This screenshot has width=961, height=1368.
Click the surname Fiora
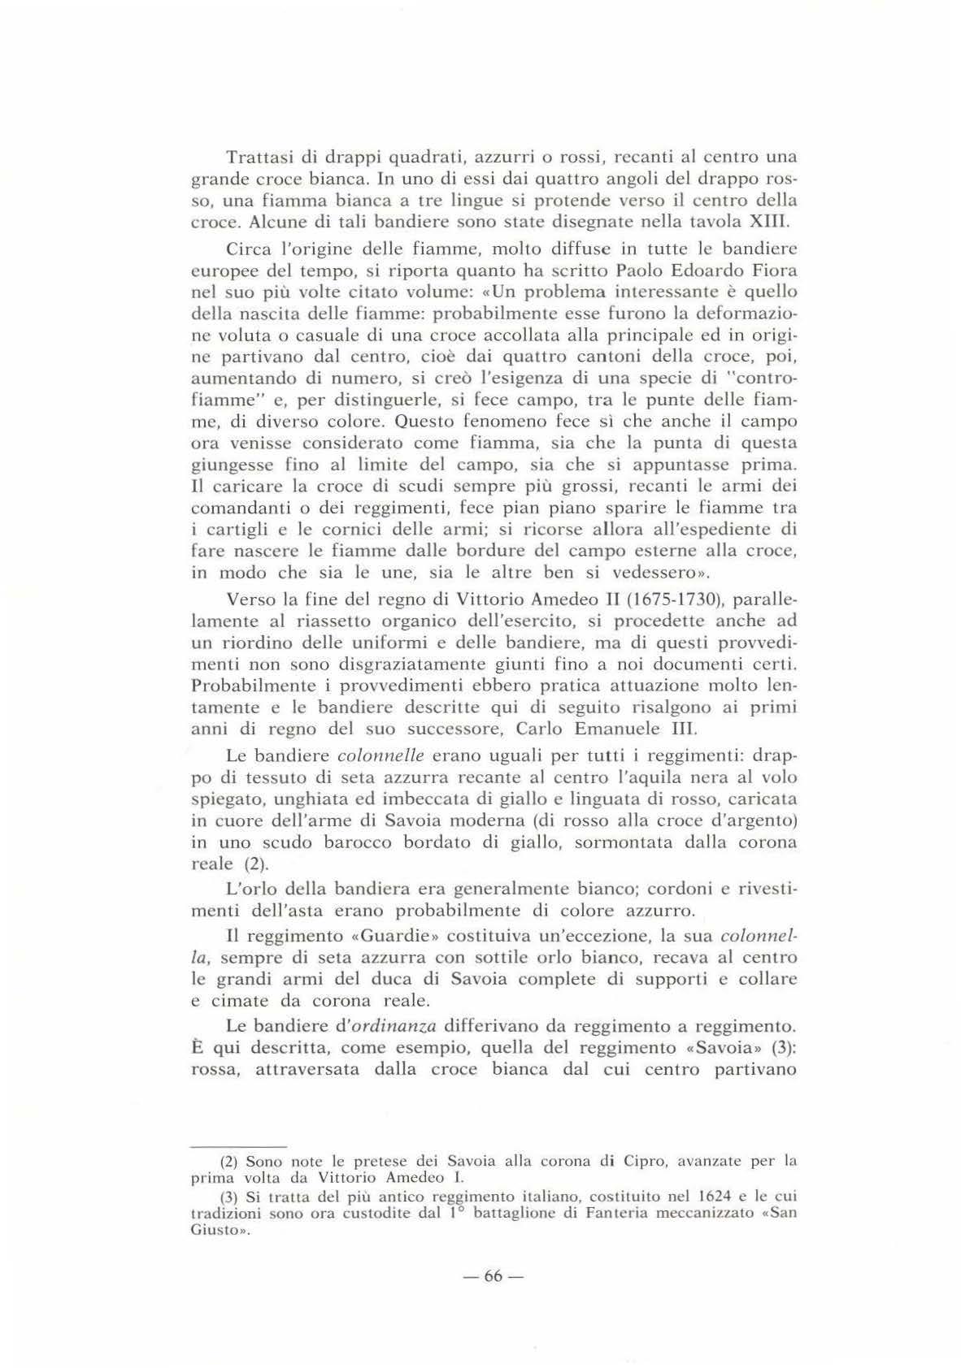(x=776, y=271)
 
